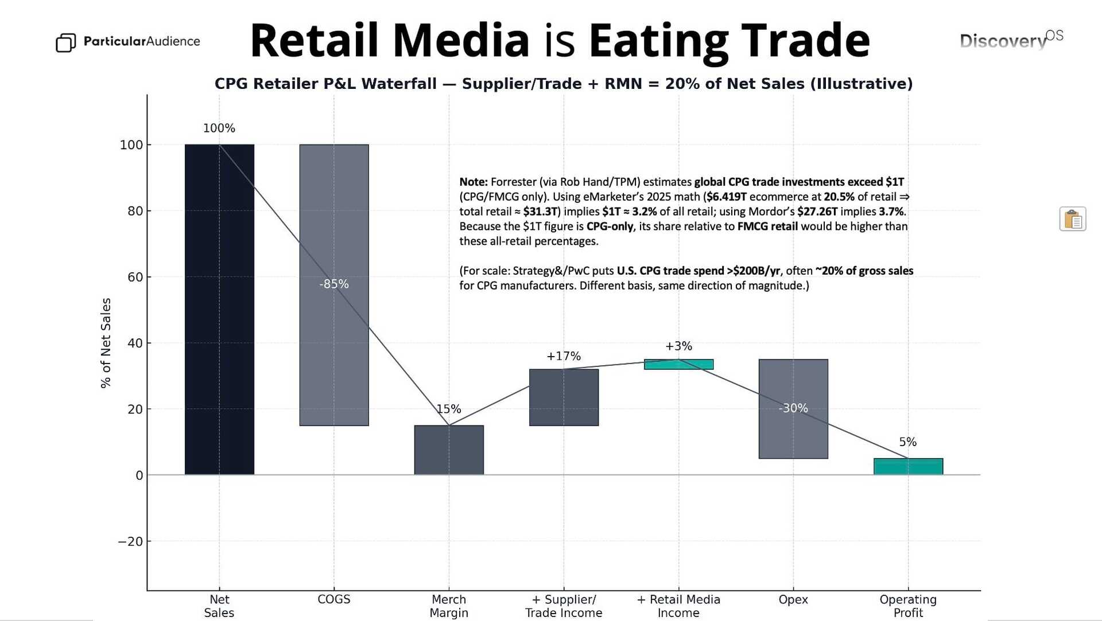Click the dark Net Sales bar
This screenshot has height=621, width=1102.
tap(219, 310)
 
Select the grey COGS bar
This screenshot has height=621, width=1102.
tap(333, 241)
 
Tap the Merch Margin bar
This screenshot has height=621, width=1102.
tap(449, 450)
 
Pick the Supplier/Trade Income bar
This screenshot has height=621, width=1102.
tap(564, 397)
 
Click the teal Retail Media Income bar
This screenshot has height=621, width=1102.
tap(678, 365)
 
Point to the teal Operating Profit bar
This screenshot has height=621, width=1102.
tap(908, 467)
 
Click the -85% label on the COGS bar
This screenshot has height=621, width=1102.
tap(334, 284)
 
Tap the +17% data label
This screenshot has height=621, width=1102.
tap(564, 356)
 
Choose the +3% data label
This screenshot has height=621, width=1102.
tap(678, 346)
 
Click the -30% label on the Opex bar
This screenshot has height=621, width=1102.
tap(793, 408)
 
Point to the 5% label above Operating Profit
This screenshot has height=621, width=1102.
tap(907, 442)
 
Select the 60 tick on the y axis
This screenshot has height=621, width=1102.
tap(135, 277)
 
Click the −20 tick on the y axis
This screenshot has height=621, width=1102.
tap(130, 541)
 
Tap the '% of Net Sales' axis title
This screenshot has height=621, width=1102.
tap(106, 343)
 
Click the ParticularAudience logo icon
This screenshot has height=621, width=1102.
tap(65, 42)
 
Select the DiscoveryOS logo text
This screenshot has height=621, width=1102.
tap(1010, 40)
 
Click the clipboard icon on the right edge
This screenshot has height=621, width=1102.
tap(1072, 219)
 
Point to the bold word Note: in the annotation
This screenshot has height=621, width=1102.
tap(473, 182)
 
